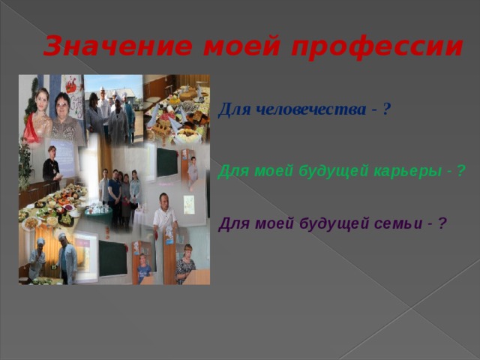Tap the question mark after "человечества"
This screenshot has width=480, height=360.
tap(385, 110)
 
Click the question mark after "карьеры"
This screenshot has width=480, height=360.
tap(460, 171)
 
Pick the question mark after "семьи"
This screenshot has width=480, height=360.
tap(442, 223)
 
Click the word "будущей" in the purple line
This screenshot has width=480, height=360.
tap(342, 223)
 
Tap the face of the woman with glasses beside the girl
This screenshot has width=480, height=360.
tap(63, 103)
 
